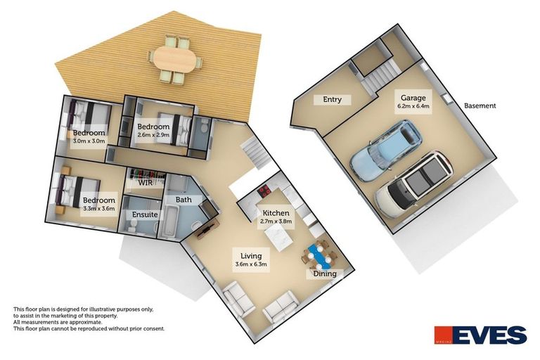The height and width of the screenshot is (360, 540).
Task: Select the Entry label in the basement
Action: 333,100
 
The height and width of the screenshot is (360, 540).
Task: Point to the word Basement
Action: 480,106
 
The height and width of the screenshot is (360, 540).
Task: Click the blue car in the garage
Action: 384,149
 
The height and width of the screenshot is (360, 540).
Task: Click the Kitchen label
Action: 276,212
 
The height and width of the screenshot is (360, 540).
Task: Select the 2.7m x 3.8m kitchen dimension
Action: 276,221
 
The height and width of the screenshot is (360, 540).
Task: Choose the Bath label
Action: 184,200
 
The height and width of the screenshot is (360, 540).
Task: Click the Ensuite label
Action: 144,214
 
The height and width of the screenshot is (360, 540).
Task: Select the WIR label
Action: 146,183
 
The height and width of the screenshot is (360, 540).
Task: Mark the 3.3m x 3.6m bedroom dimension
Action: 98,210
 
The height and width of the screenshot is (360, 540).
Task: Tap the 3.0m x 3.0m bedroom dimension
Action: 89,141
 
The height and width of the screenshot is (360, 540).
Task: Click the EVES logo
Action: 480,335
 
